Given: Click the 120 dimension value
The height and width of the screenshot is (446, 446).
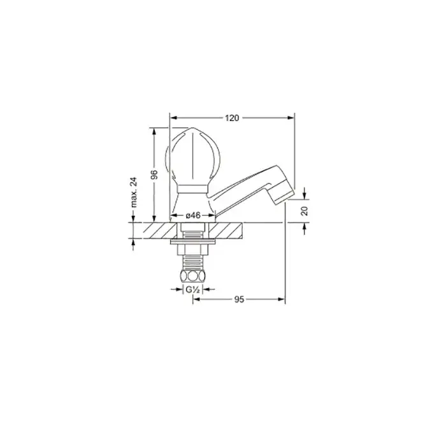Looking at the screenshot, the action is pos(232,118).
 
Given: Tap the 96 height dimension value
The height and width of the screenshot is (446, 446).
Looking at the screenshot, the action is pos(154,175).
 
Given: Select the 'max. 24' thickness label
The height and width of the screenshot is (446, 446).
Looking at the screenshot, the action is pos(134,192).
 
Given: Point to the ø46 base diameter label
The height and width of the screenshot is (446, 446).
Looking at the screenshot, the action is pos(193,215).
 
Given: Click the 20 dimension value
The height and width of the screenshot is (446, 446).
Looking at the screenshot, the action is pos(305,211).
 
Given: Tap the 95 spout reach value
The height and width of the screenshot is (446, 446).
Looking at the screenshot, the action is pos(239,299).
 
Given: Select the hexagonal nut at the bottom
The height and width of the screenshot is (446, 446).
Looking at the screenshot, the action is pos(193,275).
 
